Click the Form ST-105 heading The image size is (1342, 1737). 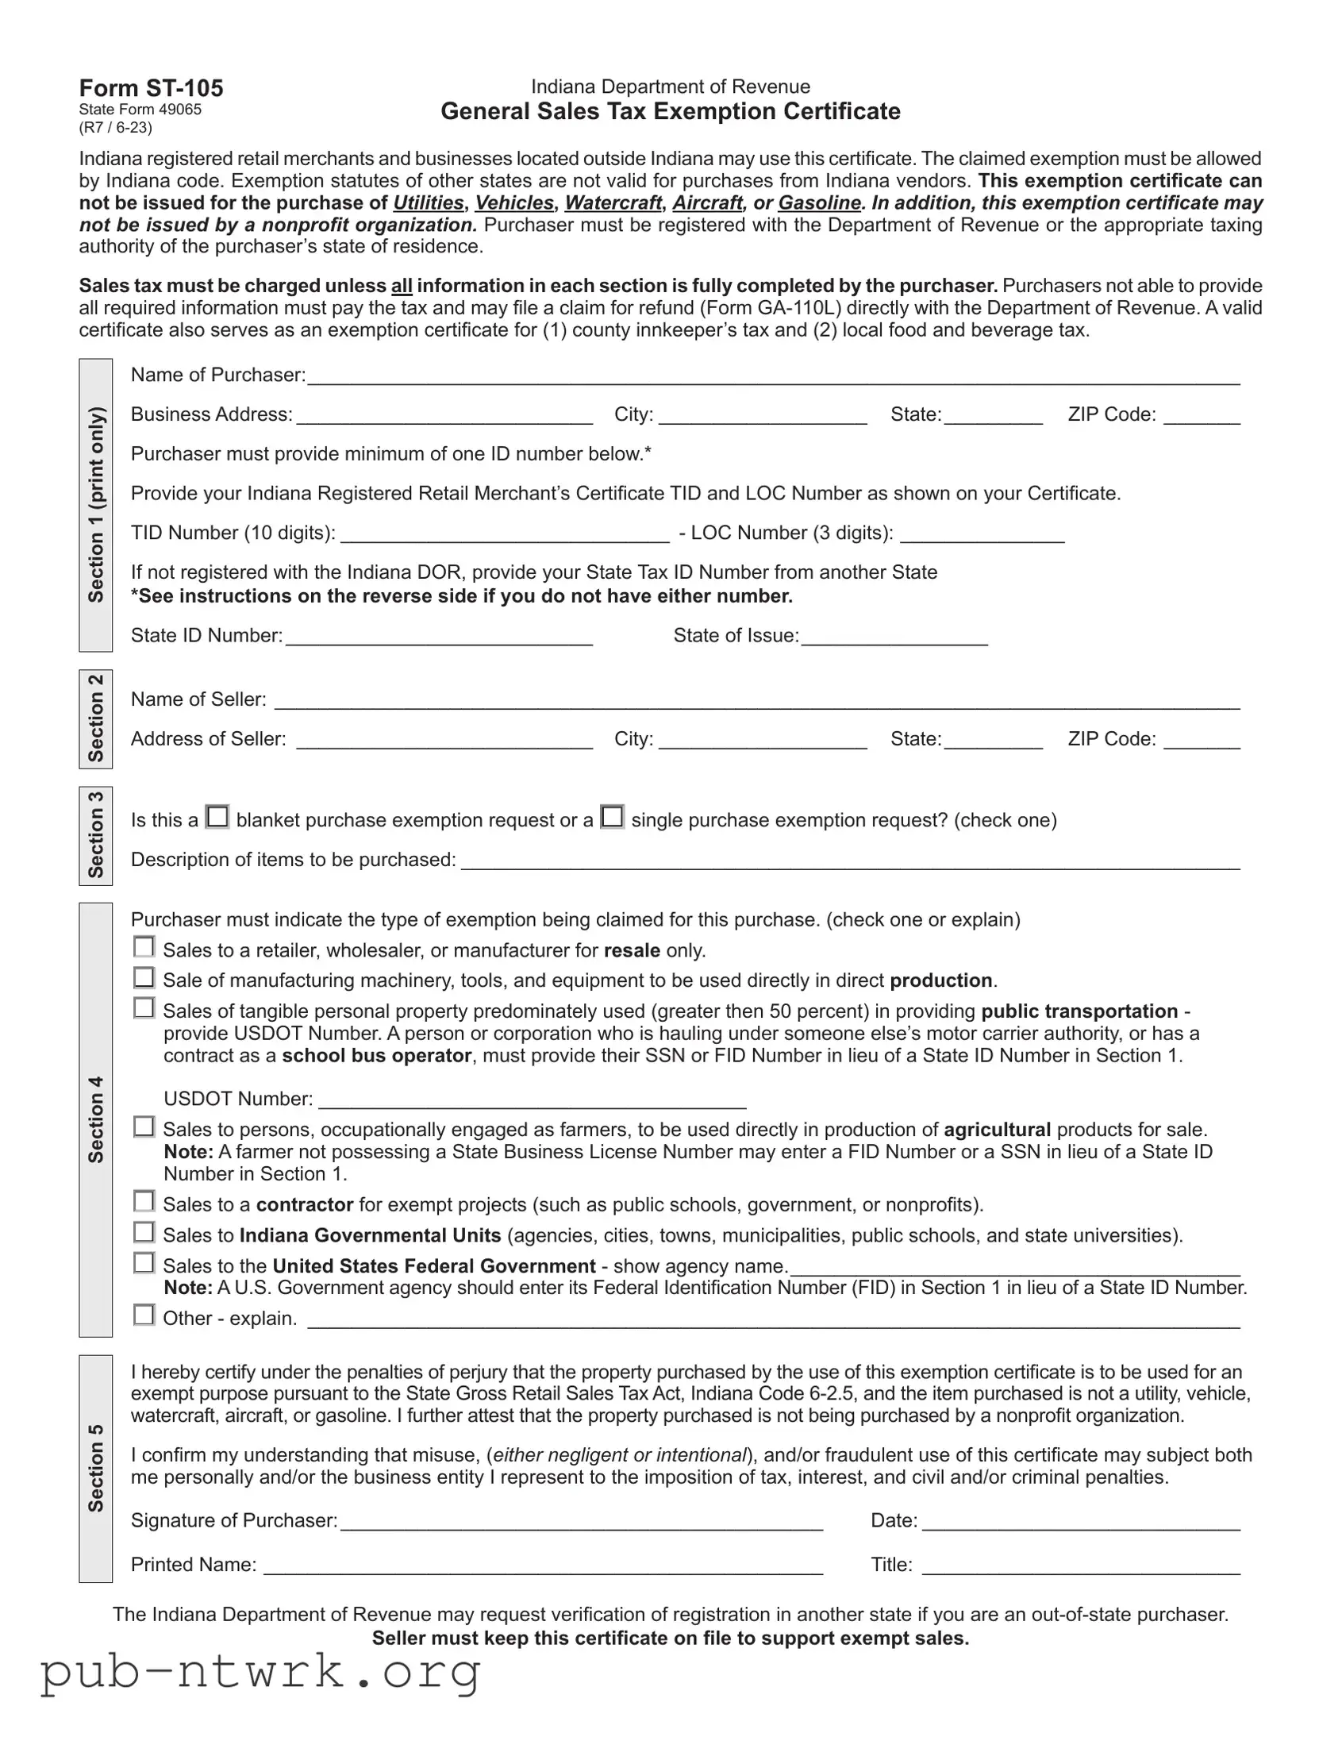tap(151, 88)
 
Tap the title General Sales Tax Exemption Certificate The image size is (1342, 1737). tap(670, 111)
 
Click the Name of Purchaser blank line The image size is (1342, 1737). tap(773, 376)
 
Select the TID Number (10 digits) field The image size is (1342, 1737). tap(505, 533)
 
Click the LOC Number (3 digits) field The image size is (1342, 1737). tap(982, 533)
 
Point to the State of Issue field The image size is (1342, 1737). tap(894, 636)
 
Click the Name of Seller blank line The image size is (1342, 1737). tap(756, 700)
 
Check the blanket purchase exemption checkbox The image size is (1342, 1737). tap(217, 817)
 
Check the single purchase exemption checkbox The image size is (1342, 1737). tap(612, 817)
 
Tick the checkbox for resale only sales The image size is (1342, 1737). tap(144, 946)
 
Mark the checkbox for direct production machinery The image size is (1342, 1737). tap(144, 976)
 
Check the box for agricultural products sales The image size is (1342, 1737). tap(144, 1127)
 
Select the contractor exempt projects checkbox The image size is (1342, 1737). tap(144, 1201)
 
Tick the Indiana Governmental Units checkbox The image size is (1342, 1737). tap(144, 1232)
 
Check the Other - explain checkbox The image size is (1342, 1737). tap(144, 1315)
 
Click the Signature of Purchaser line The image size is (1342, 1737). tap(581, 1522)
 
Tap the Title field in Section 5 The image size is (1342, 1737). tap(1080, 1566)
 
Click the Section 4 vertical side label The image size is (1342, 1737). tap(96, 1120)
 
